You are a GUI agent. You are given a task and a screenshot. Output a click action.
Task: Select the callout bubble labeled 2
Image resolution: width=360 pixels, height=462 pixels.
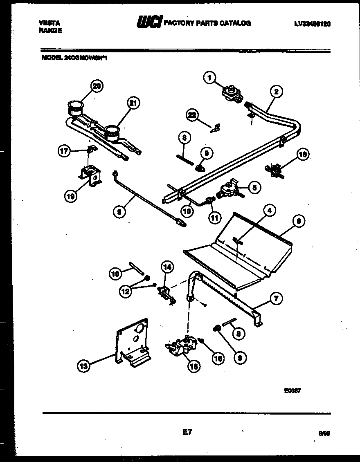276,92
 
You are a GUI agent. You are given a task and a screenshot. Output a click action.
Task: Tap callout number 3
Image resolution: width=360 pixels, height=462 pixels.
119,211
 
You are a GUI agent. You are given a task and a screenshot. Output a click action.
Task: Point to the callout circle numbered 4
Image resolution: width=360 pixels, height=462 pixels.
269,211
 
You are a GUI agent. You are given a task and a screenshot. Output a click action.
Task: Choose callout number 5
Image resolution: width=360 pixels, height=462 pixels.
254,188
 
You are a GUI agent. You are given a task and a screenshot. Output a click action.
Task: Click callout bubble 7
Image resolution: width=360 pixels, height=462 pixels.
276,299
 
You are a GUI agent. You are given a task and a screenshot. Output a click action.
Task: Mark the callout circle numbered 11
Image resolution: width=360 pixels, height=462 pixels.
213,217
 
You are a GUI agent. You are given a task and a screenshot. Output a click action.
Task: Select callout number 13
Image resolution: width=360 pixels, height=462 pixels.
84,367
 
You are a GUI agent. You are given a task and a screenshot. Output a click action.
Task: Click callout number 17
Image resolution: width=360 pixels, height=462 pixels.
63,151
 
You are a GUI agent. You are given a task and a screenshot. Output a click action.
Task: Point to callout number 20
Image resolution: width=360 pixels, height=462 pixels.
97,86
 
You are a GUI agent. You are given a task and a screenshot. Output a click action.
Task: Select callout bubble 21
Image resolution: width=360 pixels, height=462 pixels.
133,103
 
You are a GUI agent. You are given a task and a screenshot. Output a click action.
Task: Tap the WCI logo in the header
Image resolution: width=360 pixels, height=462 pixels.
149,22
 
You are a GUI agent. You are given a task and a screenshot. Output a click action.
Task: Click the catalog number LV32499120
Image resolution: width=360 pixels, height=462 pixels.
312,24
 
